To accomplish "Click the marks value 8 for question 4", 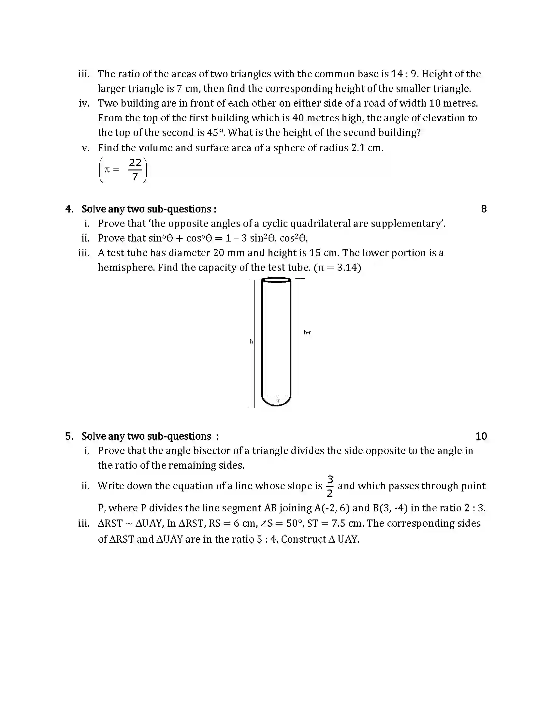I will click(483, 209).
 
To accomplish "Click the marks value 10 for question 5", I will click(481, 436).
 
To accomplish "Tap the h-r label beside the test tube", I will click(307, 332).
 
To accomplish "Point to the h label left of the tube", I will click(251, 342).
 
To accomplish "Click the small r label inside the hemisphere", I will click(279, 401).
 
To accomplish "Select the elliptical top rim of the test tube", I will click(276, 280).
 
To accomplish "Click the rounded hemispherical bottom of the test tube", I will click(276, 403).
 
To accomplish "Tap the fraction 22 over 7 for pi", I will click(135, 170).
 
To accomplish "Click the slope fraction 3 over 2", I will click(330, 486).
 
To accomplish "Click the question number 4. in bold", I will click(69, 209).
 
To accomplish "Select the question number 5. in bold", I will click(69, 436).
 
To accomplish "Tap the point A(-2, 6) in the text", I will click(331, 508).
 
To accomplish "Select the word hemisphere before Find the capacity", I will click(126, 268).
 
